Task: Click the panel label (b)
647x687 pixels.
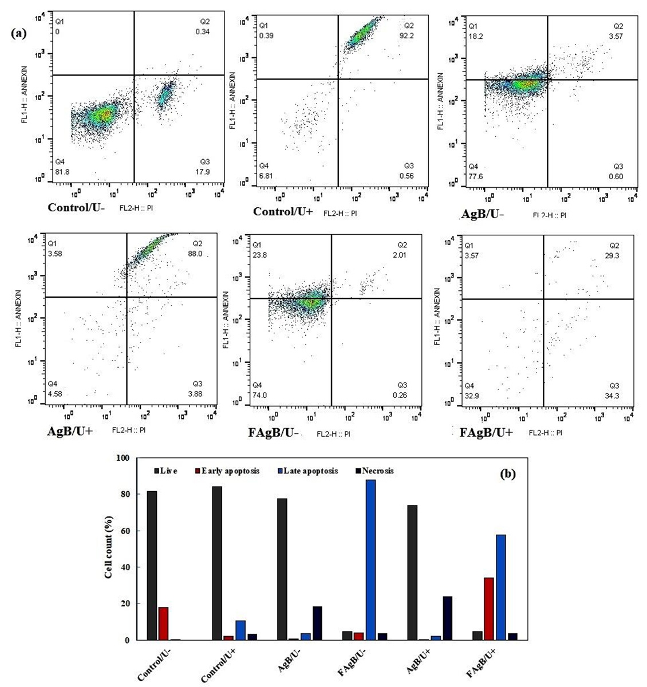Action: [x=507, y=473]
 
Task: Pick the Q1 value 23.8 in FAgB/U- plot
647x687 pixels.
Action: [x=260, y=255]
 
